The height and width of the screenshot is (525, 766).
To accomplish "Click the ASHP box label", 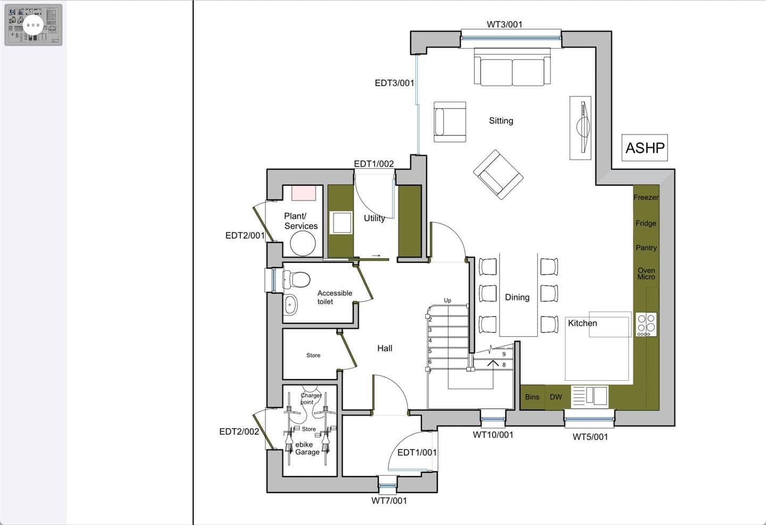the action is (645, 148).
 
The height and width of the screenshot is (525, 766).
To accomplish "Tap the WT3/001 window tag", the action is (504, 24).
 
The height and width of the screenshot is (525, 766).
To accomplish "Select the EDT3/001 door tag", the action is (394, 83).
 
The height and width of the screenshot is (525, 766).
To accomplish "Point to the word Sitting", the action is (501, 121).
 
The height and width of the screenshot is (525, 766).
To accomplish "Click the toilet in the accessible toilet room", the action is (296, 279).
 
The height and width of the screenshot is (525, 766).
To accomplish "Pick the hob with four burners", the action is (646, 324).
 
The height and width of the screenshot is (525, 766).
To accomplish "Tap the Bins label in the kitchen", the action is (532, 397).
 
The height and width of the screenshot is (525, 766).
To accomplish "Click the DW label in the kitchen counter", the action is (556, 397).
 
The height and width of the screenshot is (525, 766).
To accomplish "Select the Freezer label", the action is (646, 197).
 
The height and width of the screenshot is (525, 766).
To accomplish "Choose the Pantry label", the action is (646, 248).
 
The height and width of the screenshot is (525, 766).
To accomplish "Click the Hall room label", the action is (385, 348).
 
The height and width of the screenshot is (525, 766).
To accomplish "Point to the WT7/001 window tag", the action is (389, 501).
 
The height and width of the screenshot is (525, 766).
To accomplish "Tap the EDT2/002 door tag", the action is (239, 431).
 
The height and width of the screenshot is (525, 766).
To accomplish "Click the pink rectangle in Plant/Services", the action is (304, 193).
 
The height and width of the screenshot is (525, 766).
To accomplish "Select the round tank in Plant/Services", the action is (303, 243).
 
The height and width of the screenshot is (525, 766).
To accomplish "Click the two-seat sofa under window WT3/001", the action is (512, 67).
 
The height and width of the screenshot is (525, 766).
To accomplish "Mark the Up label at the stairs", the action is (447, 301).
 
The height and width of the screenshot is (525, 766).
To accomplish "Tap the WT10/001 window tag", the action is (493, 435).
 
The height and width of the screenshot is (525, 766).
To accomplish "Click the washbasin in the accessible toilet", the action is (290, 304).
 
